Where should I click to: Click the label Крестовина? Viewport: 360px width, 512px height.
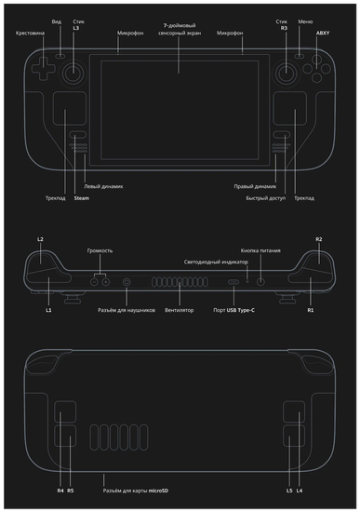point(30,33)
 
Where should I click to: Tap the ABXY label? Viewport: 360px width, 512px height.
point(323,33)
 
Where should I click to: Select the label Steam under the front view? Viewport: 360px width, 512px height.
point(81,197)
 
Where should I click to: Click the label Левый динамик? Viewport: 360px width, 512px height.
point(103,186)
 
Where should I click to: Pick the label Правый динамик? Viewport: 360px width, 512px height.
point(254,186)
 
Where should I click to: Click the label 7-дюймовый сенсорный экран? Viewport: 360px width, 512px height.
point(180,29)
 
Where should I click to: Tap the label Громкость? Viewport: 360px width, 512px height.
point(100,250)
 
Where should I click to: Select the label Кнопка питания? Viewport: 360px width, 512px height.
point(261,250)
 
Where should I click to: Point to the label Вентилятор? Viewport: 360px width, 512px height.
point(179,309)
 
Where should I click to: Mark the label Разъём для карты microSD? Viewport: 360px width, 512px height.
point(141,490)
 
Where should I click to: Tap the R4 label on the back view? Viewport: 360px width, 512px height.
point(60,490)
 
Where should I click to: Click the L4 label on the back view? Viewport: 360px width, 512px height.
point(299,490)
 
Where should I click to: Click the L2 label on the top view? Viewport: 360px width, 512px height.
point(40,239)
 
